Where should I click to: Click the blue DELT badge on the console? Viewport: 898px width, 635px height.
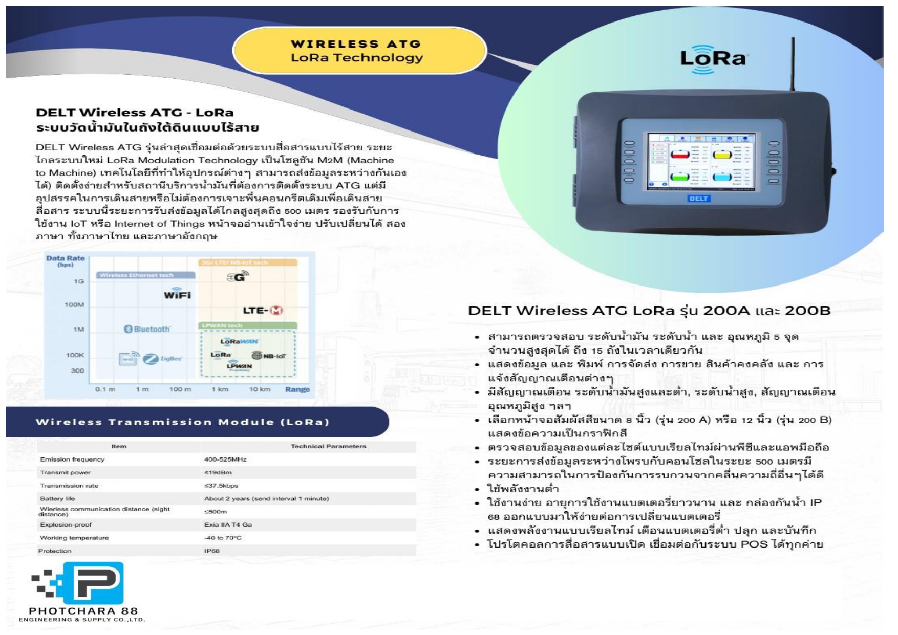[698, 198]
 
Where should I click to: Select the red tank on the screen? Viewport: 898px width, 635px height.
[680, 154]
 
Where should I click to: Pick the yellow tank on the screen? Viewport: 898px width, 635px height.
[722, 154]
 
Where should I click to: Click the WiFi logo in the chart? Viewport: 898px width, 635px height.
[177, 294]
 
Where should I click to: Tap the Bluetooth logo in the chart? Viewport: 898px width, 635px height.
[147, 329]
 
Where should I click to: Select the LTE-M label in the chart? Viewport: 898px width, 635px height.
[263, 311]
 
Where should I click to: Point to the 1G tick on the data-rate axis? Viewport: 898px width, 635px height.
[79, 281]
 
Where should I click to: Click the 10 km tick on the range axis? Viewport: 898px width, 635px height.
[260, 389]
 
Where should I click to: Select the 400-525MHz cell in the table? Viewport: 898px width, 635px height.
[225, 459]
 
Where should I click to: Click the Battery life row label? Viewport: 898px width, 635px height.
[57, 498]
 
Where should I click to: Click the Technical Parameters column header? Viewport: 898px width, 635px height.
[328, 446]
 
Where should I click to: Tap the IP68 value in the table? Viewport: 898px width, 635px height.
[212, 551]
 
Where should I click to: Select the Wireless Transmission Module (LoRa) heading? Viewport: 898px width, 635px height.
[182, 422]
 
